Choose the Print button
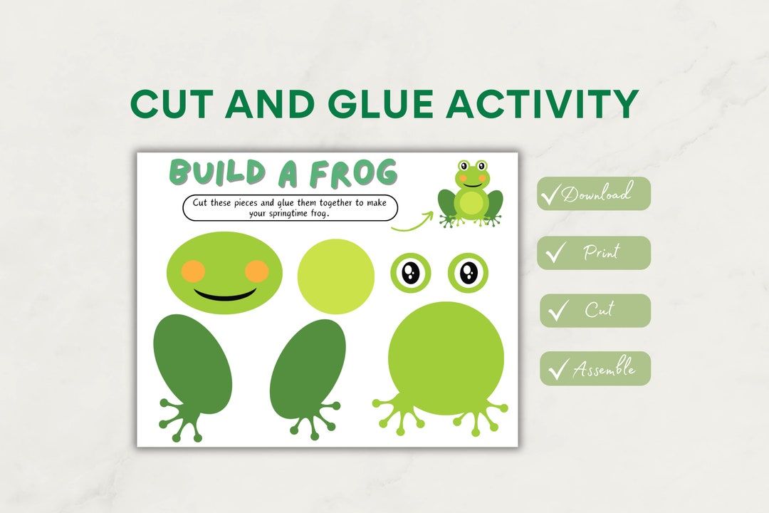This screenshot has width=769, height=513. [595, 252]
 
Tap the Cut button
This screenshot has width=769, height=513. [595, 311]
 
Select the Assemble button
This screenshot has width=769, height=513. [595, 368]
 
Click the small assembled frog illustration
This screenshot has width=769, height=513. [471, 193]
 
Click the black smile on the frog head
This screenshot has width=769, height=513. [225, 294]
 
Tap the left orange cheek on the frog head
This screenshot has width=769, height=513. [193, 271]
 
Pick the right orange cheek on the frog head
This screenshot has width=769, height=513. [256, 271]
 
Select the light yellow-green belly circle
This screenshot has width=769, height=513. [335, 276]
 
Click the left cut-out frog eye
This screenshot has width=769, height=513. [411, 272]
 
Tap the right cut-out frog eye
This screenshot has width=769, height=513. [468, 272]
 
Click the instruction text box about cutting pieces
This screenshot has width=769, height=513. [290, 207]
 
